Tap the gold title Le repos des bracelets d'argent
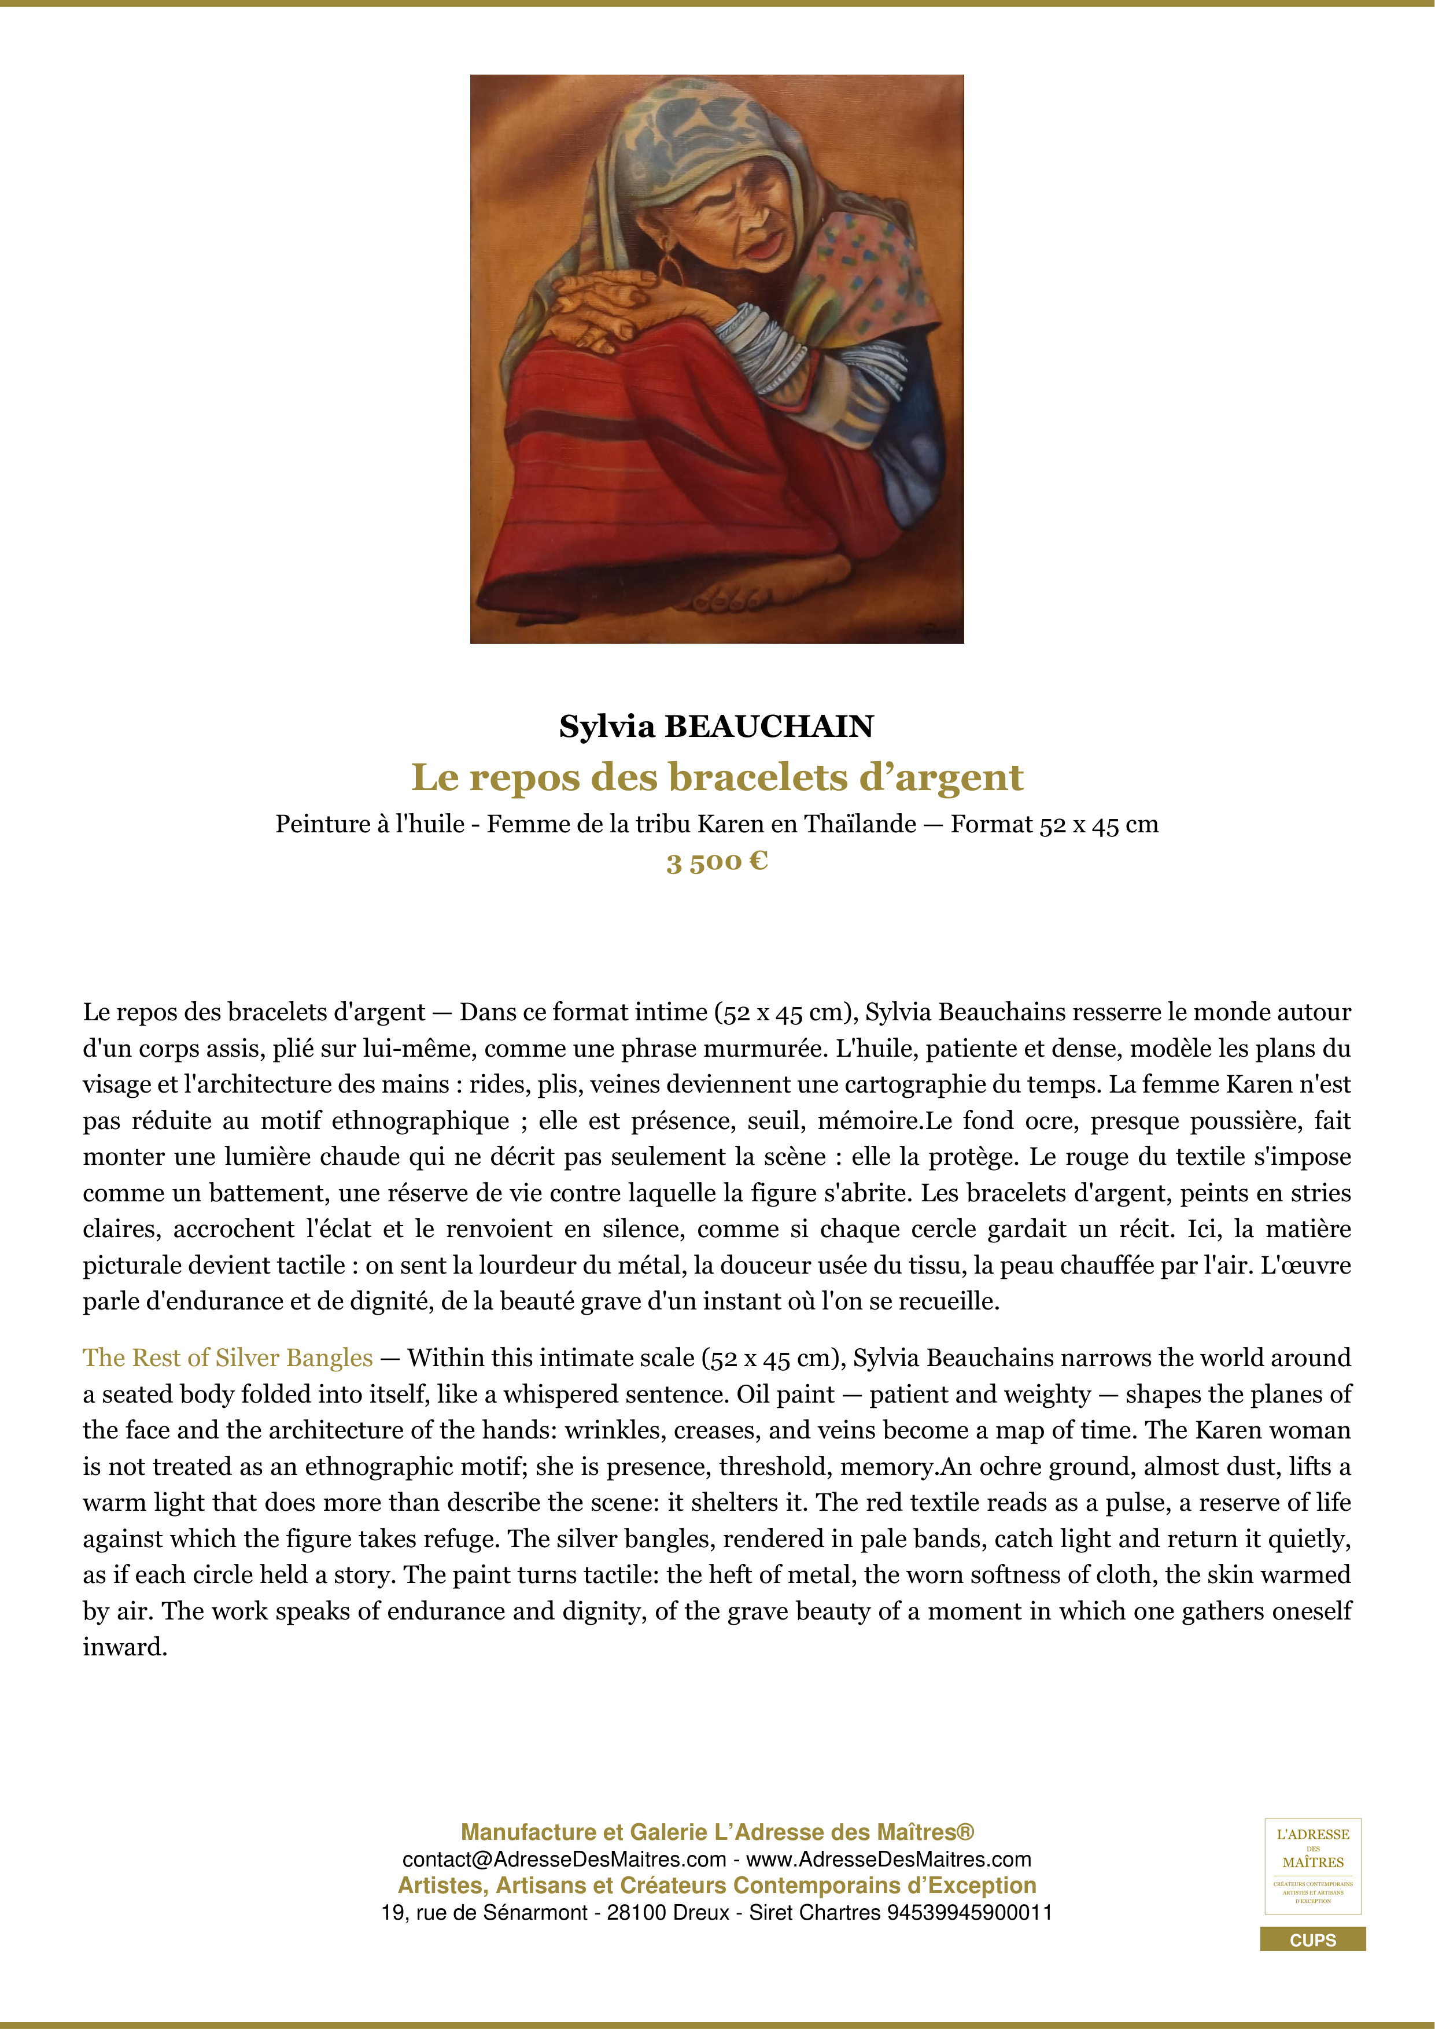coord(717,778)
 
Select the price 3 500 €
coord(717,862)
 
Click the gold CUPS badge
coord(1312,1940)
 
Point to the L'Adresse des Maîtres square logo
coord(1312,1865)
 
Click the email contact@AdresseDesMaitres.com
coord(564,1860)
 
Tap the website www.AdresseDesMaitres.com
coord(889,1860)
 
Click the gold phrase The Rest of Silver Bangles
coord(228,1357)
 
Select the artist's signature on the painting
coord(936,629)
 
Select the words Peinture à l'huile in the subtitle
coord(370,825)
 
